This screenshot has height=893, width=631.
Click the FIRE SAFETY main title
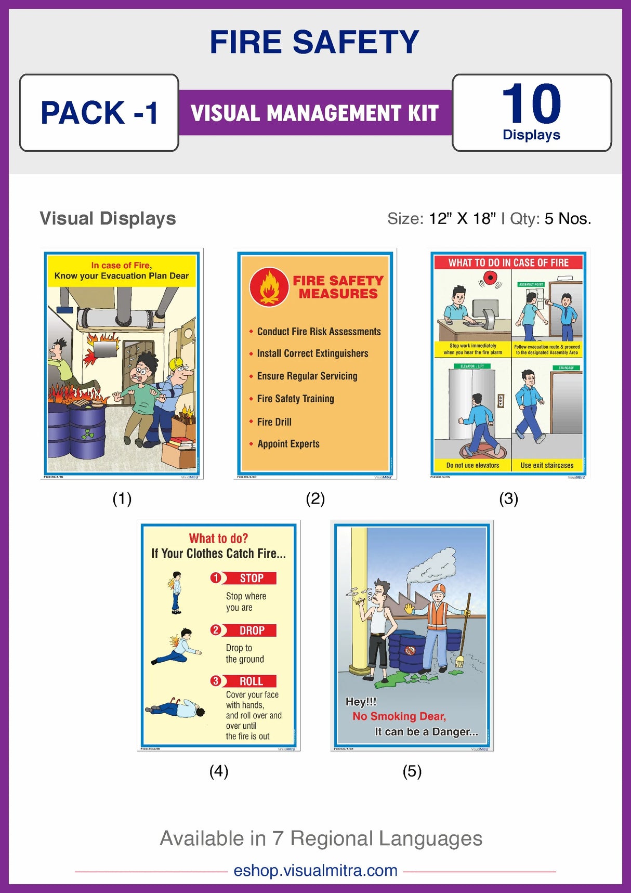314,42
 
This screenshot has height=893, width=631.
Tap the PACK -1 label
99,113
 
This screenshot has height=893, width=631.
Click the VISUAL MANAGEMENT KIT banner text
315,113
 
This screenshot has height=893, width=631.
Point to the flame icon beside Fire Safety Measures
269,287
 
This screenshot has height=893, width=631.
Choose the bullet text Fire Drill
274,422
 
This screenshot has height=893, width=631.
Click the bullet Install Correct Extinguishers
312,353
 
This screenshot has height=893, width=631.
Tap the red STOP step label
252,578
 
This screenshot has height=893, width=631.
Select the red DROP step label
252,631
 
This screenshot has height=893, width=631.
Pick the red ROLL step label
251,681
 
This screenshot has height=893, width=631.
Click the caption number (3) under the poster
508,499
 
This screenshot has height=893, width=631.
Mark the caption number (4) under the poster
219,771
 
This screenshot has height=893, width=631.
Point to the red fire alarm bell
490,279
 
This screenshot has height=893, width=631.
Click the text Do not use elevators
472,465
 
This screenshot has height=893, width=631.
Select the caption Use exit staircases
547,465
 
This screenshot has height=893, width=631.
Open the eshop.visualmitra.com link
315,870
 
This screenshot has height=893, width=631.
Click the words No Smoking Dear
399,716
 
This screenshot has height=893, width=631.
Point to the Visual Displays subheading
108,218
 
